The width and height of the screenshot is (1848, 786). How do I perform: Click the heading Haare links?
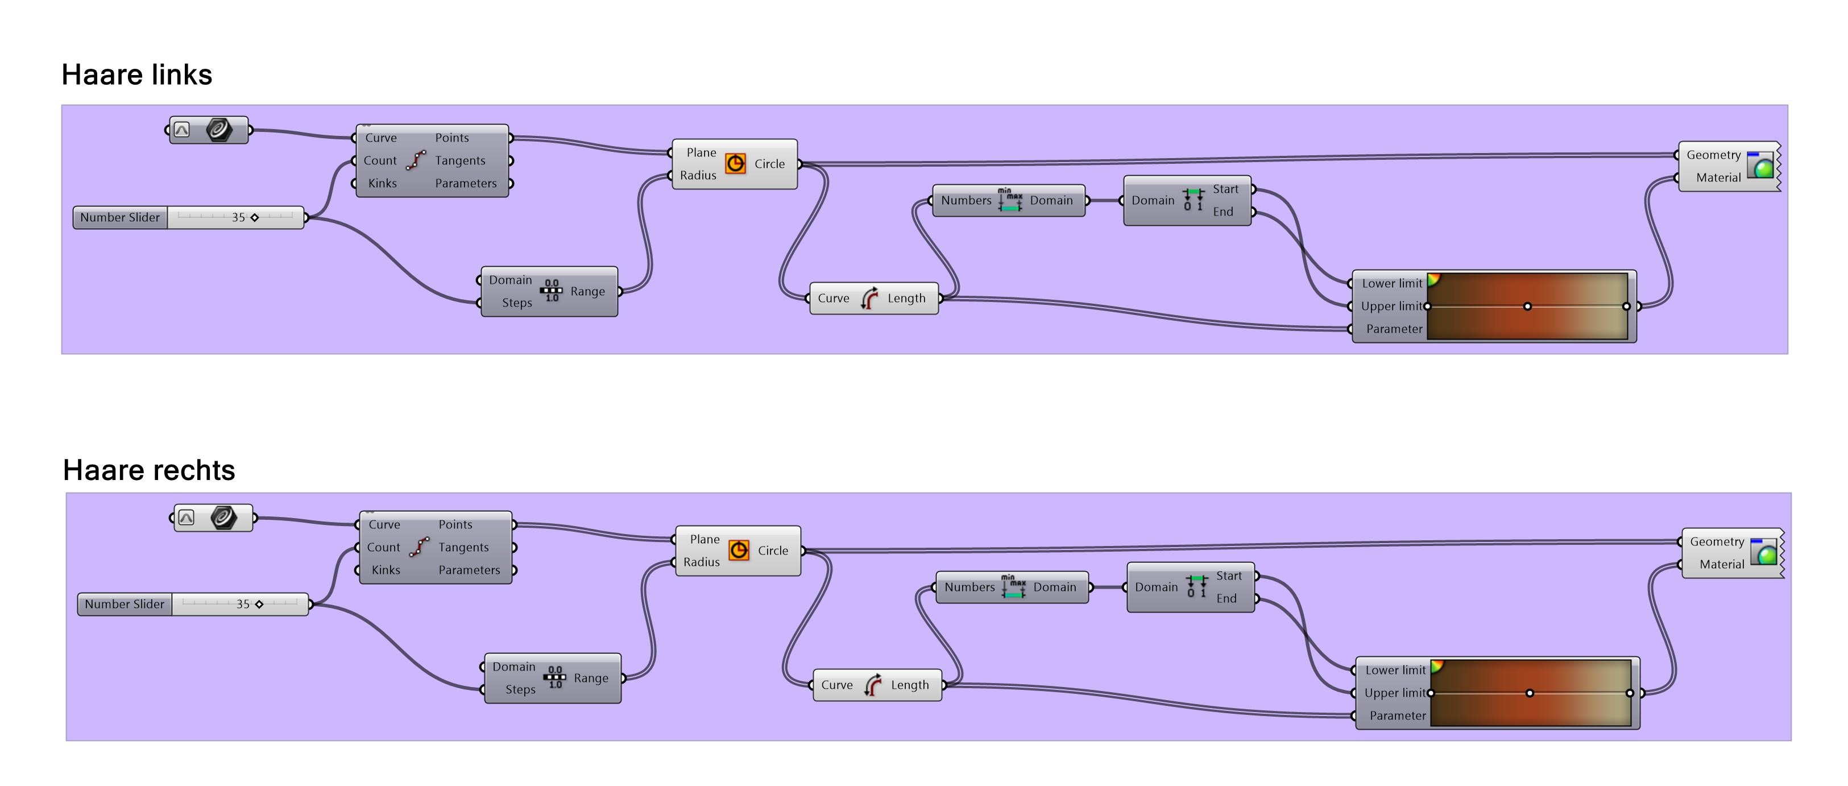point(136,75)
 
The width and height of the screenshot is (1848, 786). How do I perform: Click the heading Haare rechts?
point(148,470)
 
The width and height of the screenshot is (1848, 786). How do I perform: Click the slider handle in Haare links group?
point(255,217)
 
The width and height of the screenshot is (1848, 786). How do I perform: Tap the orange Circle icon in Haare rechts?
point(738,551)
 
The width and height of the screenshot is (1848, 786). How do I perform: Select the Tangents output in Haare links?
point(460,161)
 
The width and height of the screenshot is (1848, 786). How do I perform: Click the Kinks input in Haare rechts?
point(386,570)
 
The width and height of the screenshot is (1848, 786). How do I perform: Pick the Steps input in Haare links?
point(516,303)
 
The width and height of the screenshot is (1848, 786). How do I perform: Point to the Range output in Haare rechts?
point(590,679)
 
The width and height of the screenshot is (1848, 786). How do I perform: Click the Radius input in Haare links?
point(697,175)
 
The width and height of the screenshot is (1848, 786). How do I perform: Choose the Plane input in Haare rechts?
point(704,539)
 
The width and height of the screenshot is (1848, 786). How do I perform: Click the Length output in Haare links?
point(906,299)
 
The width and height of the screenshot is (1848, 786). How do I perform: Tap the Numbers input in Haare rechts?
point(968,587)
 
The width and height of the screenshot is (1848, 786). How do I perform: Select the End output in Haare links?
point(1223,212)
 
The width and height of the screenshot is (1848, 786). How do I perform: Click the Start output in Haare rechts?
point(1229,576)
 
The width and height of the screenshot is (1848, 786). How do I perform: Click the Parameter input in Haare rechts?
point(1397,715)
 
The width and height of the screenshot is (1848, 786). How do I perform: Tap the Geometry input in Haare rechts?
point(1716,542)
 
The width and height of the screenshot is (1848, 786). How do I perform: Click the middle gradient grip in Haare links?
point(1527,307)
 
